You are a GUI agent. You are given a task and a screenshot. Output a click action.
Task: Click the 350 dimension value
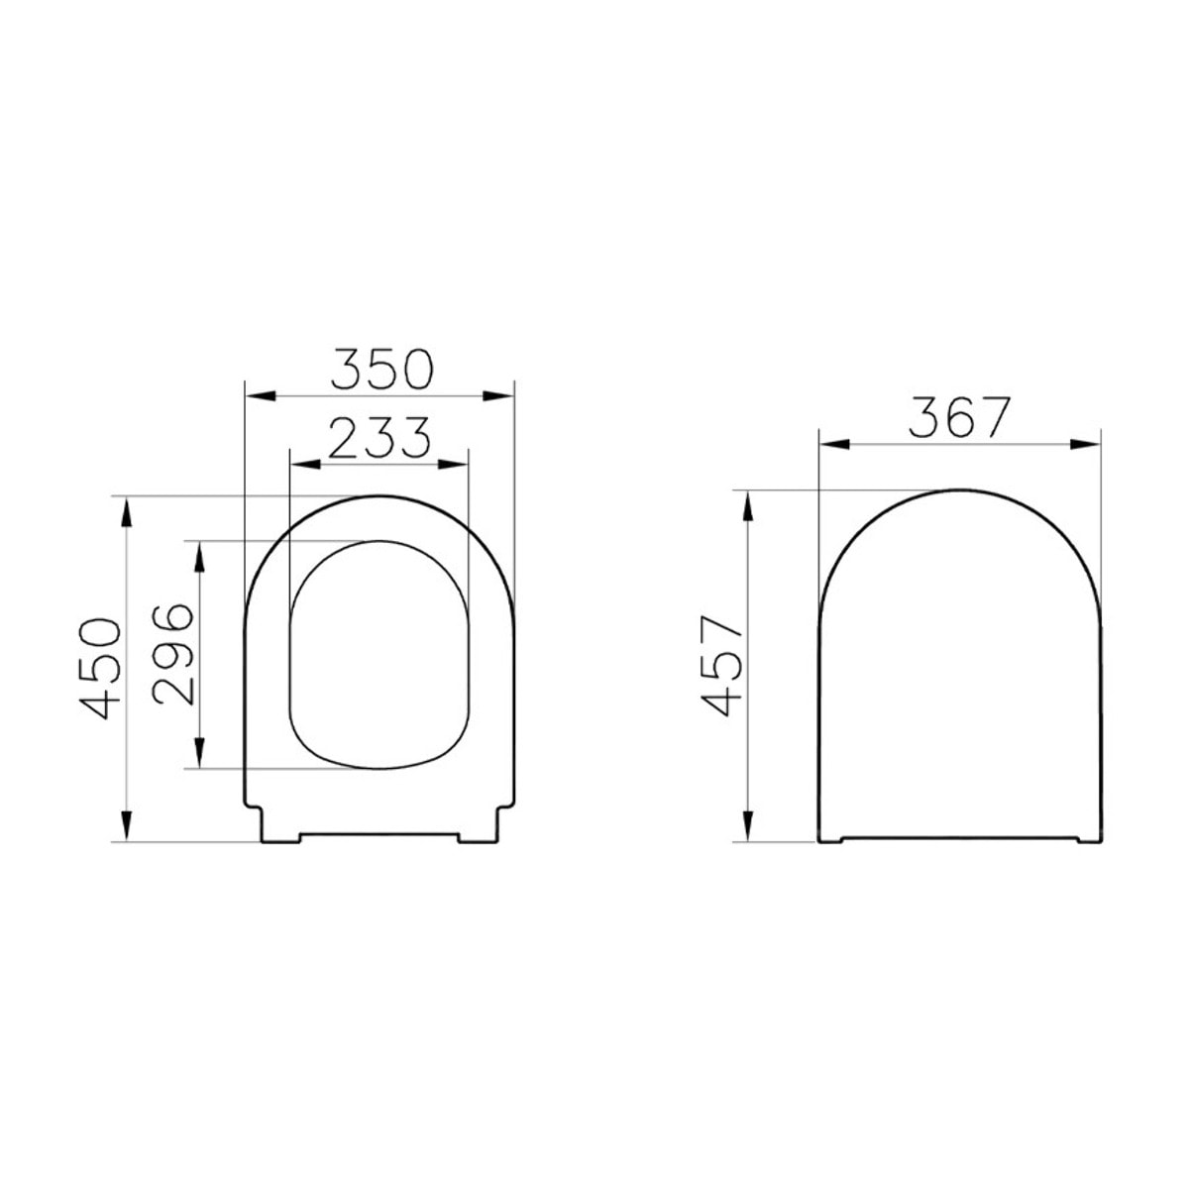pos(380,370)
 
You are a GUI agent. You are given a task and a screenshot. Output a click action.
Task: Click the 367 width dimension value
pos(958,418)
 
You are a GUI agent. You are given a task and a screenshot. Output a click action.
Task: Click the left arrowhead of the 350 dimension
pos(259,396)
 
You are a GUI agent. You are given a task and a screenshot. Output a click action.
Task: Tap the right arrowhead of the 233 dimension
pos(453,462)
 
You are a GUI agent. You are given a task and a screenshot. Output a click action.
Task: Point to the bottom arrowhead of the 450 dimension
pos(126,824)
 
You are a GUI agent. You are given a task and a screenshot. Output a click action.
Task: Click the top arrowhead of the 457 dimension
pos(747,505)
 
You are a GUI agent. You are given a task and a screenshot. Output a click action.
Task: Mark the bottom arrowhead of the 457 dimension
pos(747,824)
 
